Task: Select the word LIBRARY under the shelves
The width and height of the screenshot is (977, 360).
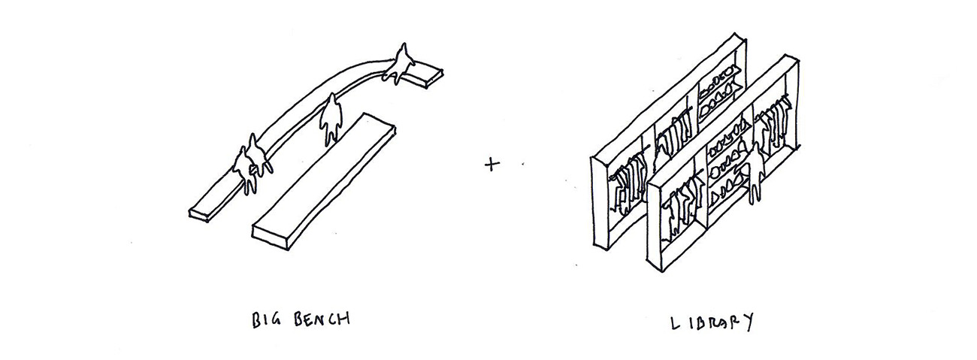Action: click(712, 323)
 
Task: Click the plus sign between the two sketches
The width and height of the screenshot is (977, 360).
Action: click(492, 165)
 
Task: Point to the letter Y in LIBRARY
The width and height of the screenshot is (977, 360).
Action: click(748, 324)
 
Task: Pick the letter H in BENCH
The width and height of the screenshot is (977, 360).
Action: click(343, 319)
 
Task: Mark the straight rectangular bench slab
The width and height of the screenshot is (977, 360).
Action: click(324, 181)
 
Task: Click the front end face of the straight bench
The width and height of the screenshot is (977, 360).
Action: click(271, 237)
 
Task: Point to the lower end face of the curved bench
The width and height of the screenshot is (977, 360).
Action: click(198, 216)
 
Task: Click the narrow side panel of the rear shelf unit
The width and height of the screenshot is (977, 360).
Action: click(599, 203)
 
